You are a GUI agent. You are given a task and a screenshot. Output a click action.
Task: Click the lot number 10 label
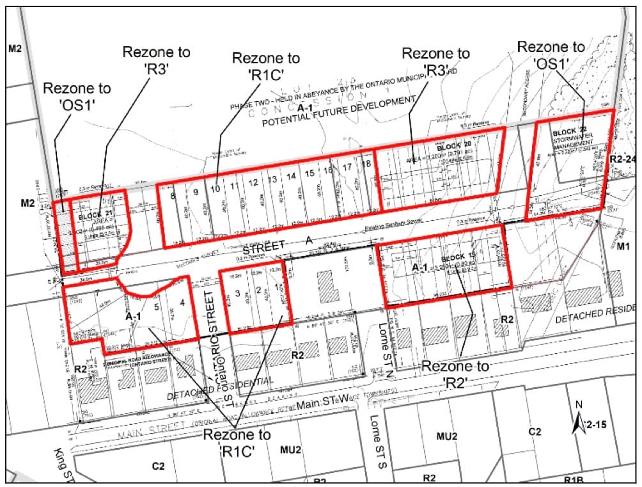point(215,189)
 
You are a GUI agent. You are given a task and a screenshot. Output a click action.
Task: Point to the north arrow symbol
point(579,422)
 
